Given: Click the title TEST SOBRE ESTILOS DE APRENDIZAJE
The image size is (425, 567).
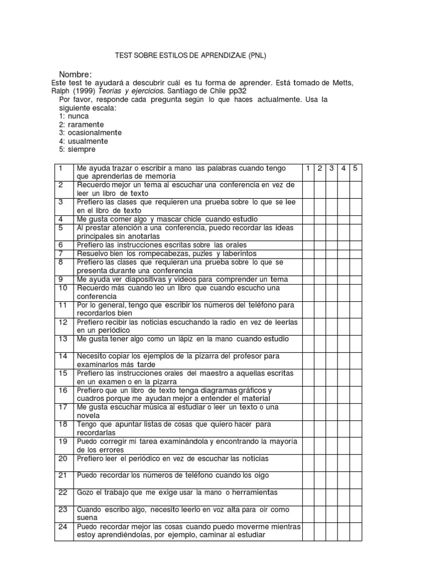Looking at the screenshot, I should [x=194, y=56].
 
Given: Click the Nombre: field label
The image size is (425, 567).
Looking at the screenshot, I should [x=75, y=75].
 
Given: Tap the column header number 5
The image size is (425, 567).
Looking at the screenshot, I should [x=356, y=168].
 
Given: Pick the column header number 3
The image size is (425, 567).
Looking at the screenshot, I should [x=331, y=168].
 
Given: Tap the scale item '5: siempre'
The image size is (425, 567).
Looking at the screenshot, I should [x=77, y=150].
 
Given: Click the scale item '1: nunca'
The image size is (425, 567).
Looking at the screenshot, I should [x=74, y=116].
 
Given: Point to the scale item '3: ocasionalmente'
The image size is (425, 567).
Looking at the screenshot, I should [x=90, y=133].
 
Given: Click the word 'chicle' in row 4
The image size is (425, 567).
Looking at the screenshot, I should [x=191, y=219].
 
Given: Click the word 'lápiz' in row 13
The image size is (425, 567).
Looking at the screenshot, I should [x=190, y=338].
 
